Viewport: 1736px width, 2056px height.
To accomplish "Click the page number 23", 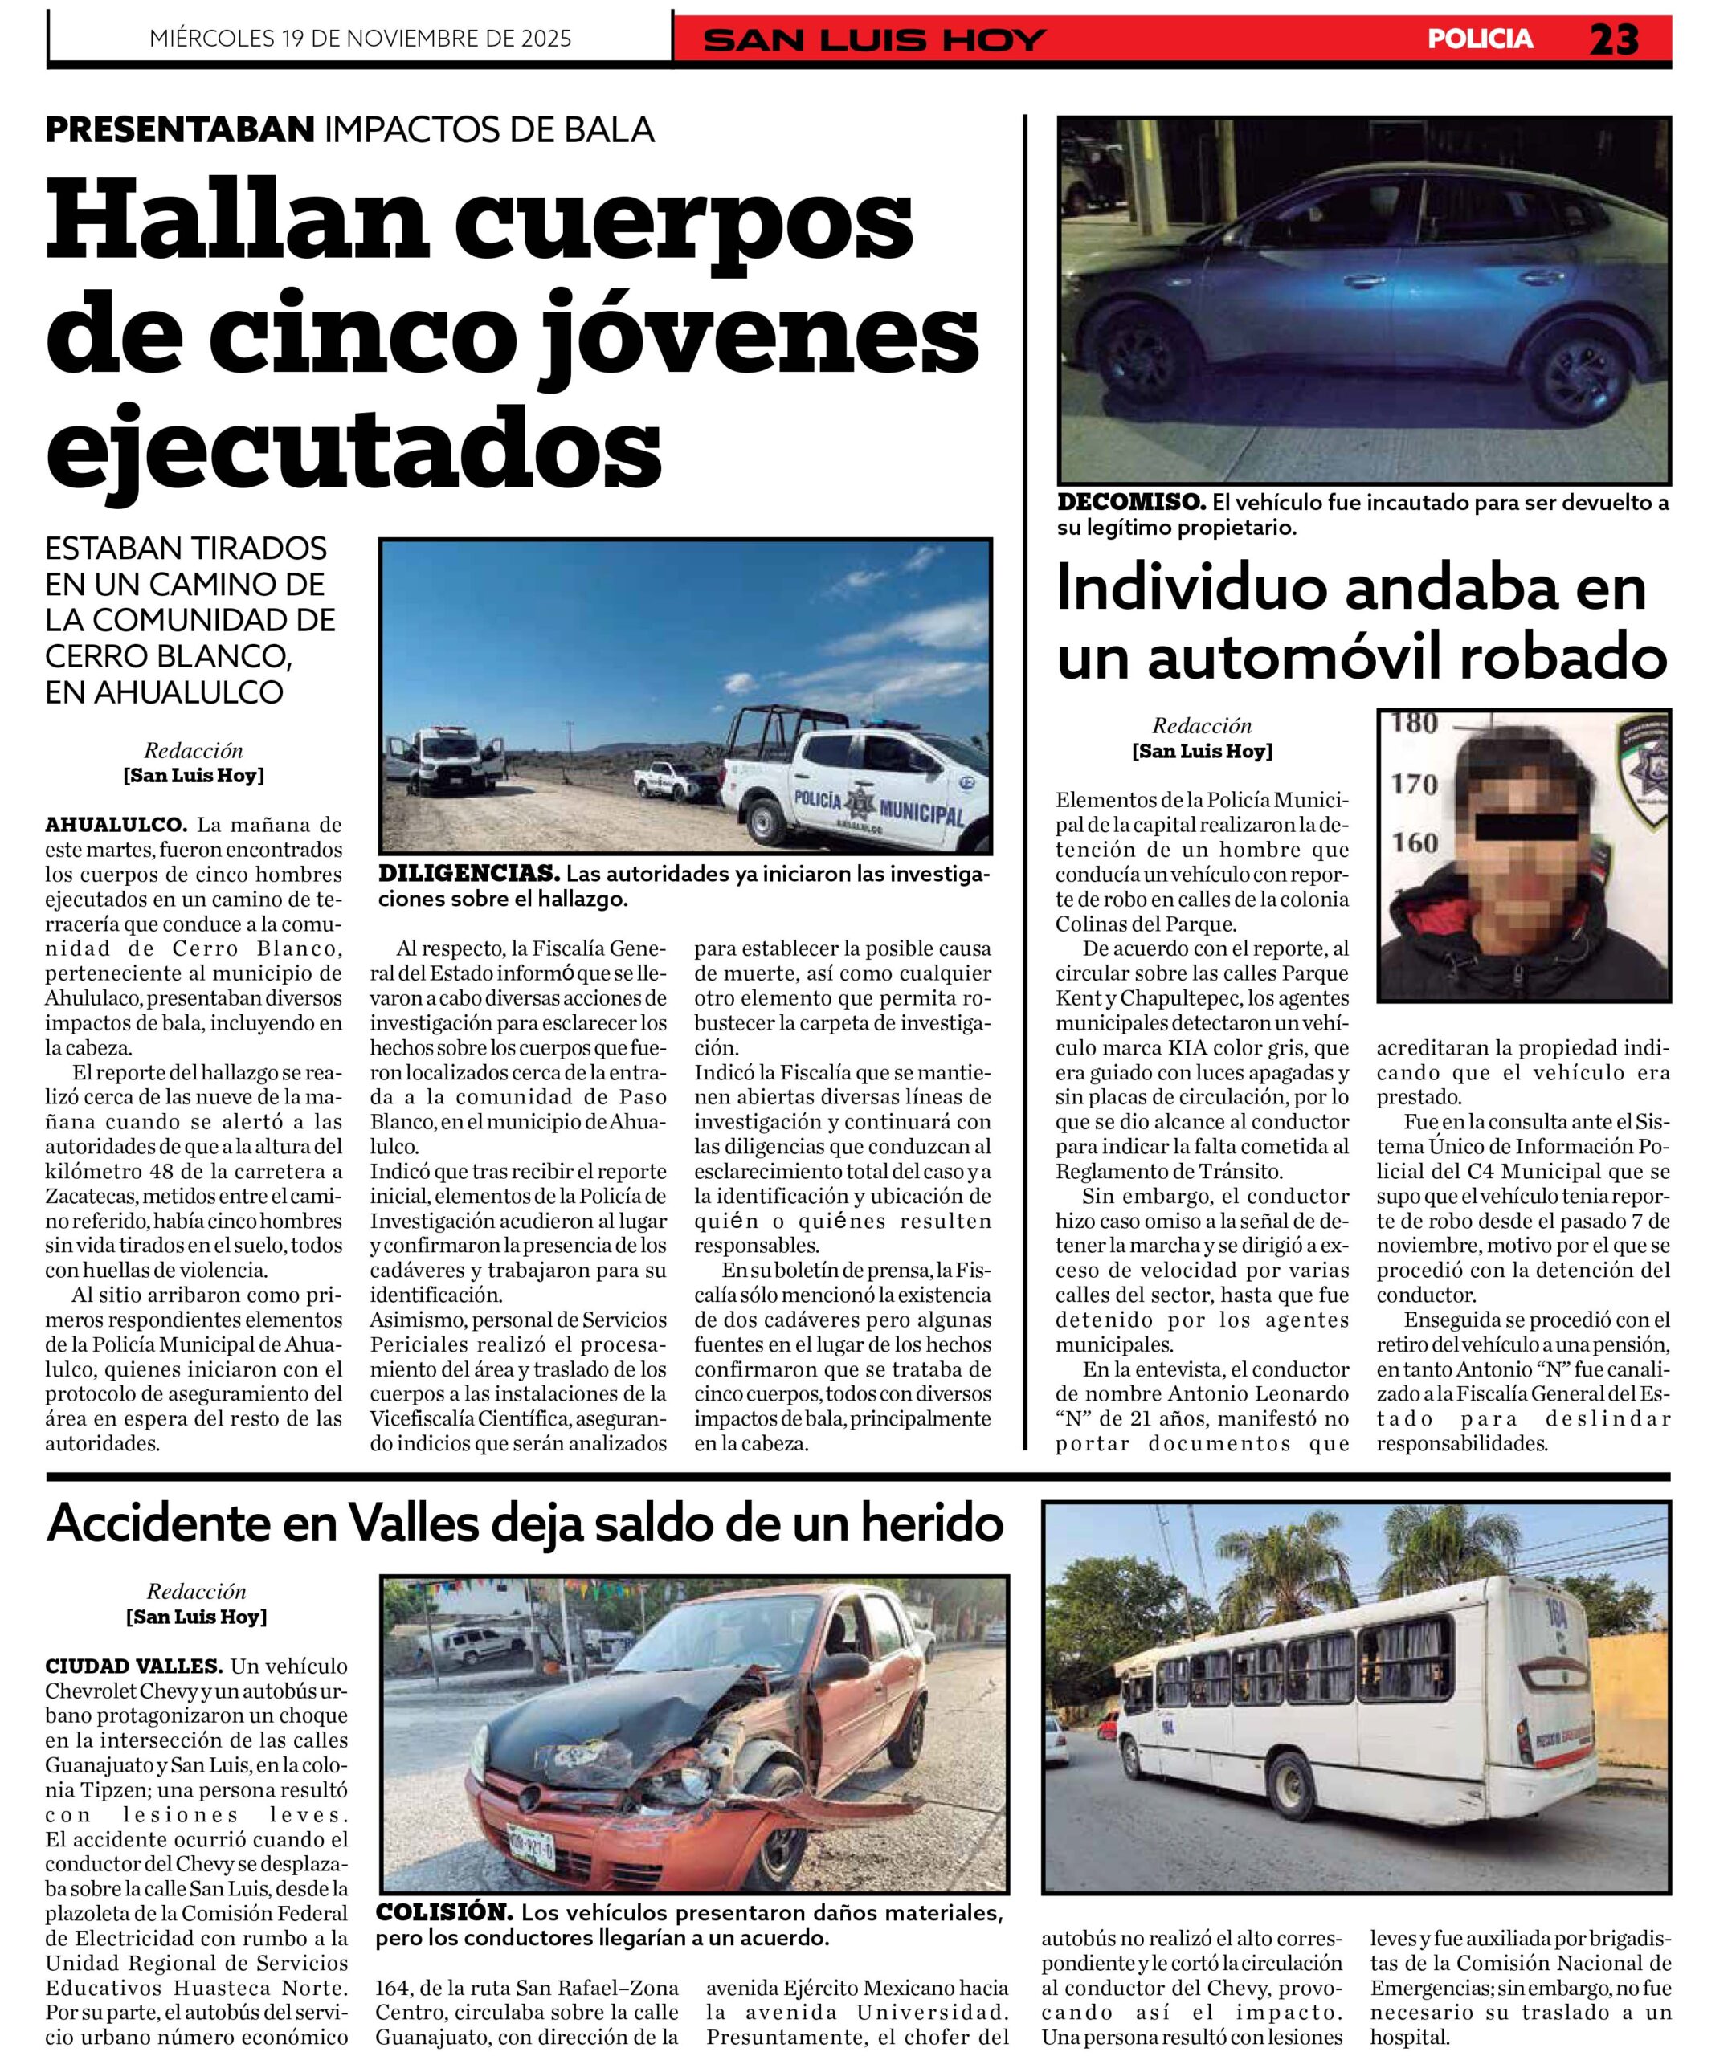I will pos(1613,39).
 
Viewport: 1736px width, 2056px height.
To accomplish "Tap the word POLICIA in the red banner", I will pos(1480,39).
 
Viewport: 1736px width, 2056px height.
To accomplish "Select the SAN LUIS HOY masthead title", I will pos(875,40).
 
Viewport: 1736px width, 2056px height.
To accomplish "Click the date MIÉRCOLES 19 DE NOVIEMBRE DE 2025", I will pos(360,39).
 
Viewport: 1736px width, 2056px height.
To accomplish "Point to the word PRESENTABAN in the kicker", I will pos(180,128).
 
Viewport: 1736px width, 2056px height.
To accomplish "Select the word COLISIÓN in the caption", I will pos(444,1913).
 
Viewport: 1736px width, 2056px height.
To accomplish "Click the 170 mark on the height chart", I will pos(1414,785).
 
